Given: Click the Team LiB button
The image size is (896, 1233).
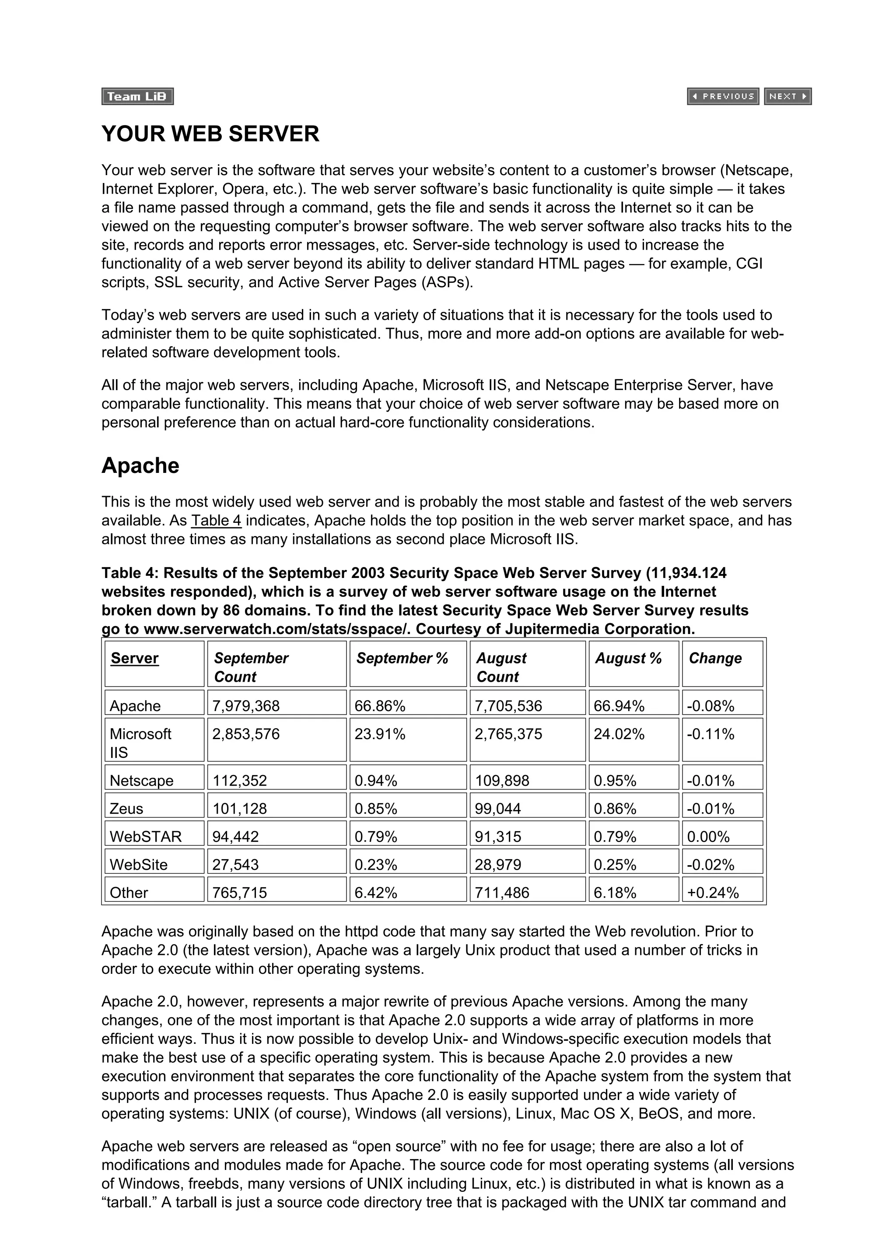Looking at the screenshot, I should [137, 96].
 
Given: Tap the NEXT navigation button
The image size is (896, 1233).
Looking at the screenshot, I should [787, 96].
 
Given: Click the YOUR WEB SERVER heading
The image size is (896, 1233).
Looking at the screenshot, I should [210, 134].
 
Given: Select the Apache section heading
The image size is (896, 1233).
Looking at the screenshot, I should [140, 466].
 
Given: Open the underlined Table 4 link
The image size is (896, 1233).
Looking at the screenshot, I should [216, 521].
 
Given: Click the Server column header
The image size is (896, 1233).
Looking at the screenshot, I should [135, 659].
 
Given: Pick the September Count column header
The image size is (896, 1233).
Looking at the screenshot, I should [251, 667].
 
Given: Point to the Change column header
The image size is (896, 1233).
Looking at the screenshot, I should [714, 659].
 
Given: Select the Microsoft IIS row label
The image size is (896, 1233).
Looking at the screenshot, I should [140, 743].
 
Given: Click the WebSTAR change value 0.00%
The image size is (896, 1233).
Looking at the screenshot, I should [708, 837].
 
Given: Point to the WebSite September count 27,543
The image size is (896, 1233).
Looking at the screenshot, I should [235, 864].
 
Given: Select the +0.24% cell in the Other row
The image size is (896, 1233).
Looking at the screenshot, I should [712, 893].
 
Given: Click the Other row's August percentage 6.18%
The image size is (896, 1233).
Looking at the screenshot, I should [615, 893].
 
